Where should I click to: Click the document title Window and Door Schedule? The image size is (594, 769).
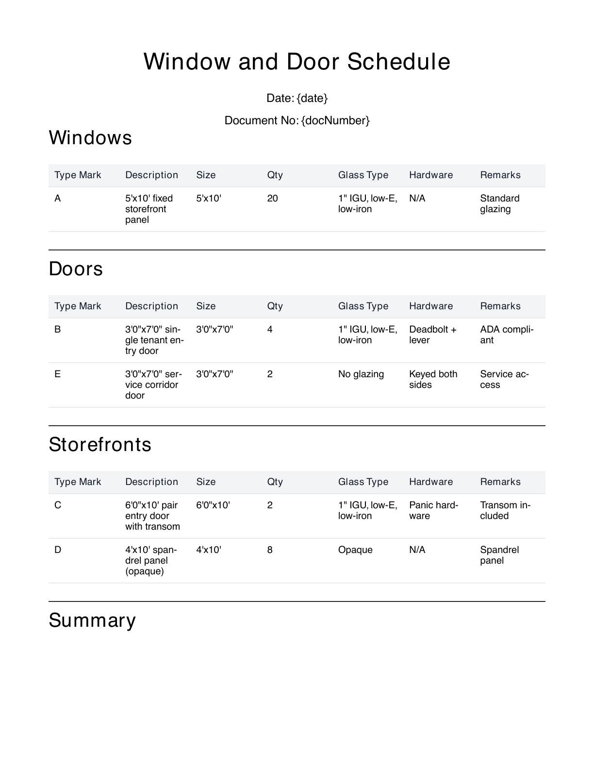coord(297,62)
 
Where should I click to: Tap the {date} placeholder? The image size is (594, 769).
coord(312,98)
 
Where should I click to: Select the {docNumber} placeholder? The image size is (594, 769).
coord(335,120)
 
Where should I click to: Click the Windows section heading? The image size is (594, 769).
coord(90,137)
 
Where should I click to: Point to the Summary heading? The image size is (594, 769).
coord(92,620)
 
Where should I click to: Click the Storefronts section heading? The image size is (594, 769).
coord(100,444)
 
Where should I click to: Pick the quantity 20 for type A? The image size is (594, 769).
coord(272,198)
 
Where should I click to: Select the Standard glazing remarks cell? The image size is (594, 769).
coord(499,203)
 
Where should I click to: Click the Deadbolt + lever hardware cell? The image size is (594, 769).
coord(432,334)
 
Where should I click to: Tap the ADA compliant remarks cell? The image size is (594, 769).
coord(506,334)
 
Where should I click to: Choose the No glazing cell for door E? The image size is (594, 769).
coord(361,374)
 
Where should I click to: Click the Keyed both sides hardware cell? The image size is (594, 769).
coord(433,379)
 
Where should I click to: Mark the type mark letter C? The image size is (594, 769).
coord(58,505)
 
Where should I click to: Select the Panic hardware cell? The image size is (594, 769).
coord(433,510)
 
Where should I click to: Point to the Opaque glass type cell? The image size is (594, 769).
coord(355,550)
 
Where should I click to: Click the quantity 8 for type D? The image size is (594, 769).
coord(270,550)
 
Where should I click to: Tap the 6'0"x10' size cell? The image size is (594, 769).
coord(213,505)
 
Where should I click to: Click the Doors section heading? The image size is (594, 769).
coord(76,268)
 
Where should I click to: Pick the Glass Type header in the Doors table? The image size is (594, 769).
coord(363,306)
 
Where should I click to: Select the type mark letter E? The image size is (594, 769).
coord(58,374)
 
